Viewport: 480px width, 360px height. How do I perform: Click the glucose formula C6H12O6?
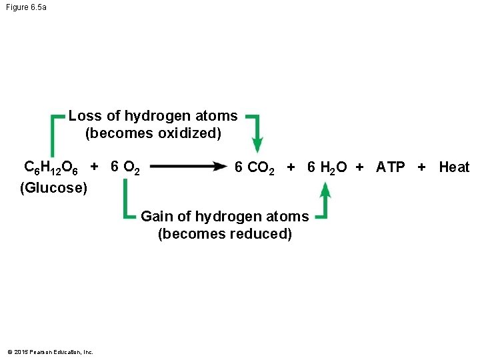51,167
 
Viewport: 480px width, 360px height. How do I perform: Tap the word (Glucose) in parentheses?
53,188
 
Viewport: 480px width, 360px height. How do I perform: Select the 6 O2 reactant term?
125,167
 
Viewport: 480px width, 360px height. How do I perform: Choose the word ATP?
390,167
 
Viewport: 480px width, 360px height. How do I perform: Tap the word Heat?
453,167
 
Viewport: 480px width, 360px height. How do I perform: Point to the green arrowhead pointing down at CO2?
257,145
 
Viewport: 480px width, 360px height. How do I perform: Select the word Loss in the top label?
85,116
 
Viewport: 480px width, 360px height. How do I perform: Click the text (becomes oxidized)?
153,133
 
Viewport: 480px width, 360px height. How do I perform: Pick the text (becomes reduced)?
225,234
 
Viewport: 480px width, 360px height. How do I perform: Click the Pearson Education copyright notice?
50,352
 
